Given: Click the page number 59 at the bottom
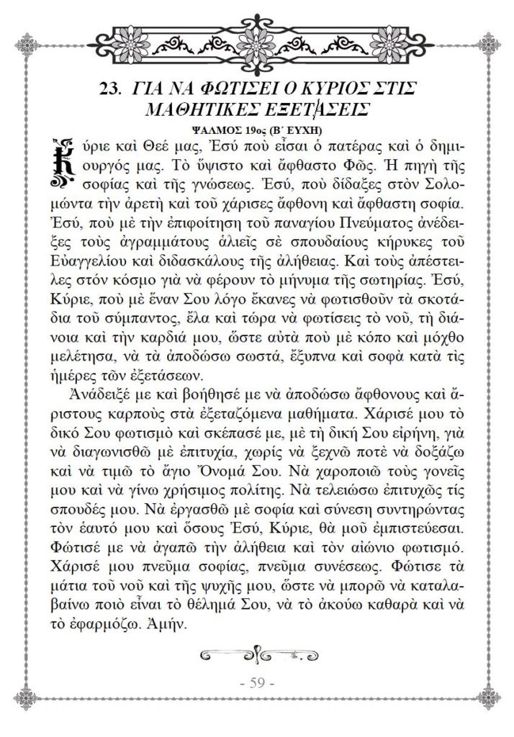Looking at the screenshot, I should click(x=257, y=683).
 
